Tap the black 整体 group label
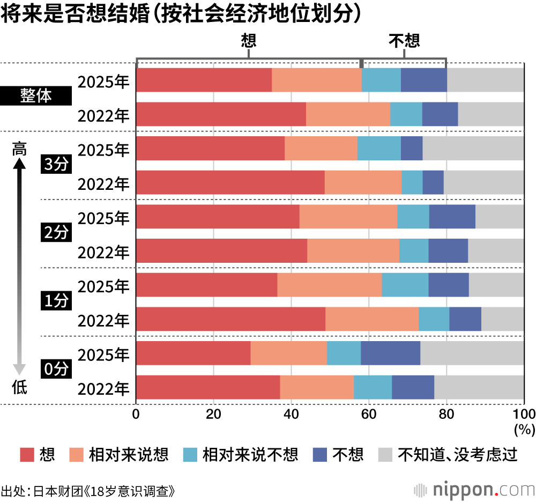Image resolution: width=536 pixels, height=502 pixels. [36, 97]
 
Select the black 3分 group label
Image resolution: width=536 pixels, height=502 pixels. [56, 165]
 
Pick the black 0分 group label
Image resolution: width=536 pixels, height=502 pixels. [56, 370]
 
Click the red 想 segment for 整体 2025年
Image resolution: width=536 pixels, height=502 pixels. [204, 80]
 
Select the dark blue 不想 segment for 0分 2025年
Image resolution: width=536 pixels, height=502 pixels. [390, 353]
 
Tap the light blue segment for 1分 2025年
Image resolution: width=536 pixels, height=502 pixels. [405, 285]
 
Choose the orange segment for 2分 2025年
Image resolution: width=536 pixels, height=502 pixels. [348, 217]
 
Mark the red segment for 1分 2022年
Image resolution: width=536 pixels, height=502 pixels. [231, 319]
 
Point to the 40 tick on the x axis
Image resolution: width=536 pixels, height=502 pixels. [291, 414]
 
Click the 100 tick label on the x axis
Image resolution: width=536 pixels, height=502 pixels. [524, 414]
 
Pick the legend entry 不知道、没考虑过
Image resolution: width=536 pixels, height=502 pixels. [458, 455]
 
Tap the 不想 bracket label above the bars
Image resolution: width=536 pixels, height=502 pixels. [404, 41]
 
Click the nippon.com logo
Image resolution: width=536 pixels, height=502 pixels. [475, 489]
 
